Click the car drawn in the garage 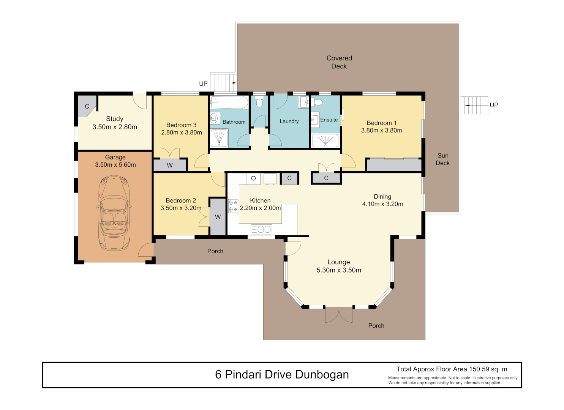114,213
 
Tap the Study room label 115,119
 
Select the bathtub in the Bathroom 229,102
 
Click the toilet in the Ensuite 318,102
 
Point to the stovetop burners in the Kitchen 233,206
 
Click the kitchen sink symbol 261,229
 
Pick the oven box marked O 253,178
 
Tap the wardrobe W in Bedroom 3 170,165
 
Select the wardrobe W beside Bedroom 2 218,217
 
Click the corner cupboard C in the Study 87,106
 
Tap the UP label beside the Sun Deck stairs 494,105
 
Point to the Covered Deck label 339,62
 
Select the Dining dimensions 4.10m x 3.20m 382,204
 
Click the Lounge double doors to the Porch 339,315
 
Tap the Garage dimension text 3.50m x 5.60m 115,165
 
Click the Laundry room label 289,121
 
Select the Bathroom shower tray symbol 219,138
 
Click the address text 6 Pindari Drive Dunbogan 282,375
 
